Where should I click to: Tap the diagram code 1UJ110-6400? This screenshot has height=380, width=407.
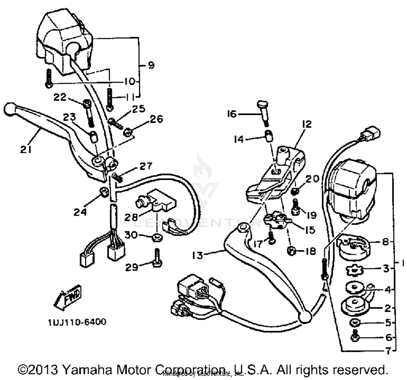77,322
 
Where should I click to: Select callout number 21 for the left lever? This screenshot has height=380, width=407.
26,149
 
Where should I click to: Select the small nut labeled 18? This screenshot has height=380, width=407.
291,251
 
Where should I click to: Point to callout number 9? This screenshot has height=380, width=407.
151,65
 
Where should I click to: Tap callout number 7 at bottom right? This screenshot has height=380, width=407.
388,351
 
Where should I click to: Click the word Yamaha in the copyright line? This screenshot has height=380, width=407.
88,370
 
